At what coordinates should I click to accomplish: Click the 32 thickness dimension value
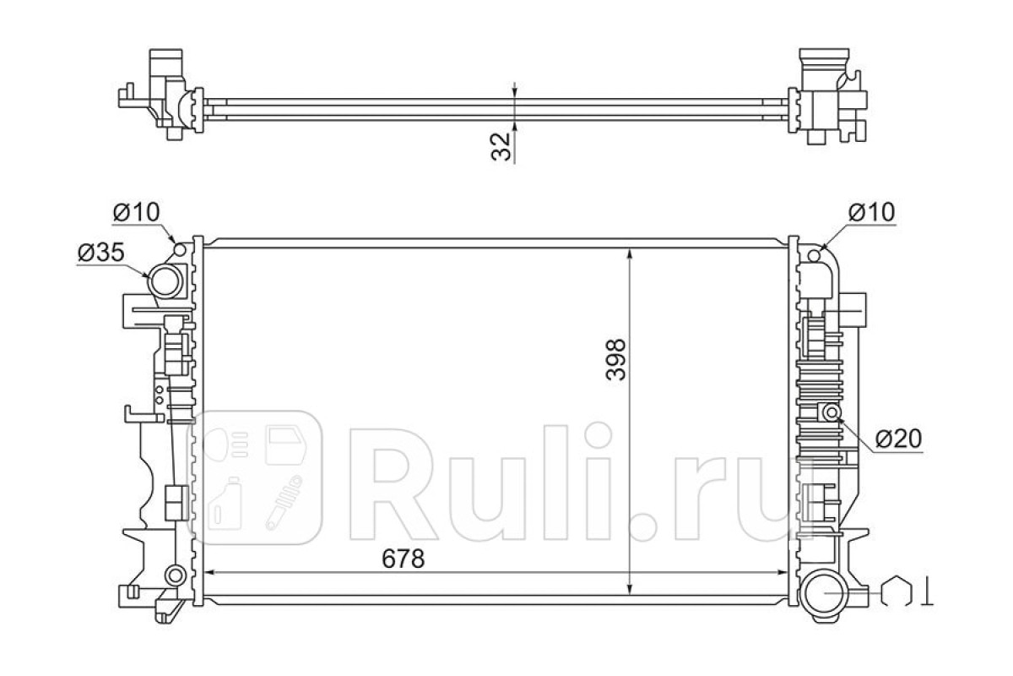point(501,147)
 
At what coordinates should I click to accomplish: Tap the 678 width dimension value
point(404,559)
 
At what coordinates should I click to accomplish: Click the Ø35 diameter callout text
point(100,252)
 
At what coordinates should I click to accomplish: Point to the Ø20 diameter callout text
point(898,439)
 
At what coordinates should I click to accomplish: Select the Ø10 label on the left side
point(136,212)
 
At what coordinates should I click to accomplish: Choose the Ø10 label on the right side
point(871,212)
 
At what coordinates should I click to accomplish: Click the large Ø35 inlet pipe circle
point(165,281)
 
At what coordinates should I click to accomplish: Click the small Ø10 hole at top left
point(180,249)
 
